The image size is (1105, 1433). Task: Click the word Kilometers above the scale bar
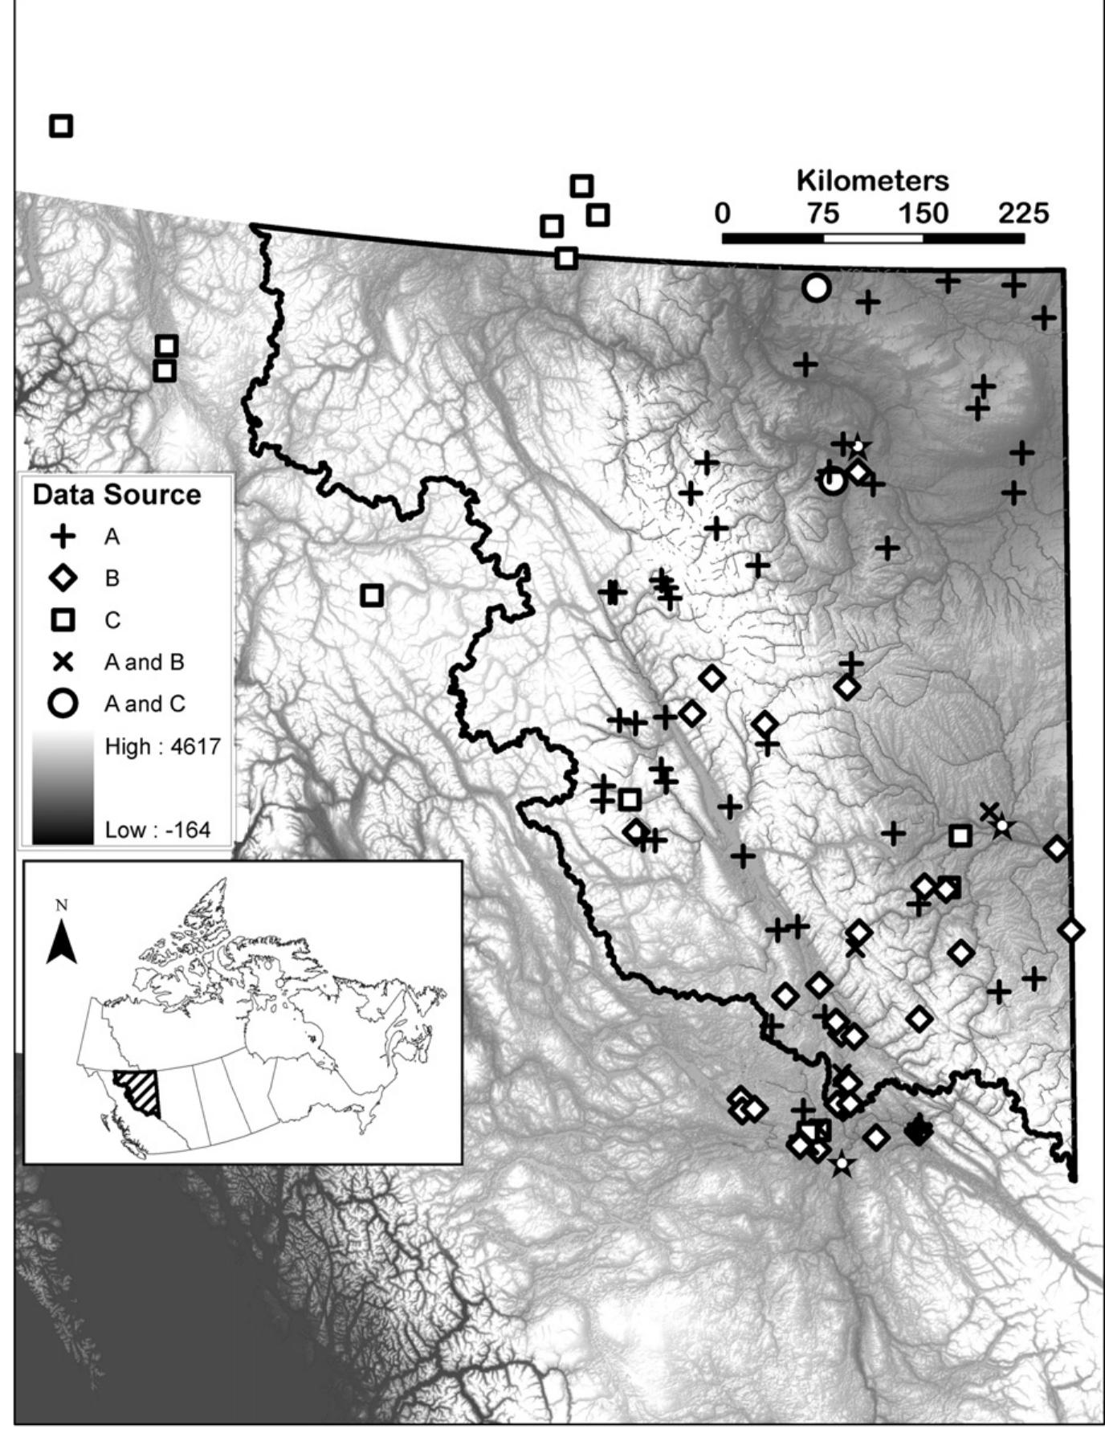coord(872,181)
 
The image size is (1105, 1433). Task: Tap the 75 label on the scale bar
coord(823,214)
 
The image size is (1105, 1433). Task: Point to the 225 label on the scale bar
coord(1023,214)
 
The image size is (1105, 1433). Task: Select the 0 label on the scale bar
coord(723,214)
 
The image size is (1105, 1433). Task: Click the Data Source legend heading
coord(116,495)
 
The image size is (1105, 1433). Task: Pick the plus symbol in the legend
coord(63,537)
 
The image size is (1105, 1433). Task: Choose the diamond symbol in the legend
coord(63,578)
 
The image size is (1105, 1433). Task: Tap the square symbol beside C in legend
coord(63,620)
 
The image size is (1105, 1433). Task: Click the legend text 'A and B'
coord(145,662)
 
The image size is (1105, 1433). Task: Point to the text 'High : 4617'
coord(162,747)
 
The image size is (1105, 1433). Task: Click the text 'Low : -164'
coord(157,830)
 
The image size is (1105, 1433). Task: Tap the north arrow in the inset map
coord(62,941)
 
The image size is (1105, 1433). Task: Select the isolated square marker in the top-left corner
coord(61,126)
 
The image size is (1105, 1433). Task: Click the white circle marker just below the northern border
coord(816,288)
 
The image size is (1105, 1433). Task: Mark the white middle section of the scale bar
coord(873,239)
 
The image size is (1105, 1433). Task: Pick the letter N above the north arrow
coord(62,906)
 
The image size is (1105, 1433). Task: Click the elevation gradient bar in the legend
coord(63,787)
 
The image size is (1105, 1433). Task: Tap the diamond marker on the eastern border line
coord(1071,930)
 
